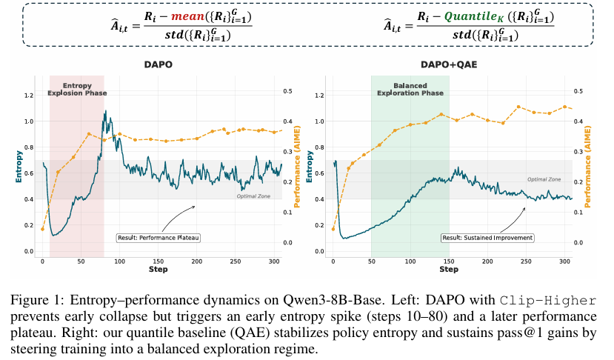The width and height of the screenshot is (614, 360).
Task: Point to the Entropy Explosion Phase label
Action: tap(77, 90)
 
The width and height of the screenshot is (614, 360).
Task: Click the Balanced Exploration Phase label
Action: tap(410, 90)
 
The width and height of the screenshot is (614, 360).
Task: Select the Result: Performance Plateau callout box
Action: tap(160, 238)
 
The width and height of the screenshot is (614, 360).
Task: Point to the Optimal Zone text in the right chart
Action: tap(544, 179)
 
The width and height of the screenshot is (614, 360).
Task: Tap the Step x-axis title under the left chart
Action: tap(157, 270)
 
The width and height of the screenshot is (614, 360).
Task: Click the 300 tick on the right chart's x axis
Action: tap(564, 262)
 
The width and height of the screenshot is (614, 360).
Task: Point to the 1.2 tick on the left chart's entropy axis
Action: tap(28, 96)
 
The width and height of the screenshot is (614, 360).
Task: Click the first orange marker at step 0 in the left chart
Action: tap(42, 229)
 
